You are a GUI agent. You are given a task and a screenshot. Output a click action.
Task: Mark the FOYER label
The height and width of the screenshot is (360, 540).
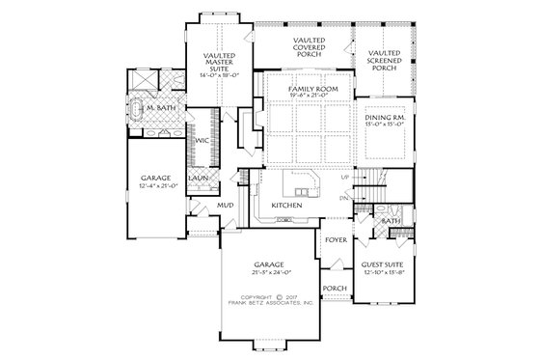tap(336, 238)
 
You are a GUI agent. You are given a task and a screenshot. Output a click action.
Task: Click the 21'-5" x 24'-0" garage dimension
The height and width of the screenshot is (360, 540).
tap(269, 273)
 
